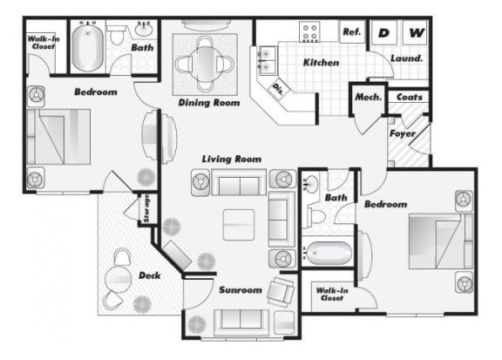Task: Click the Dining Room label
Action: click(x=209, y=103)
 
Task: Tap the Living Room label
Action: click(x=232, y=159)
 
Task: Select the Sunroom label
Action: click(x=241, y=290)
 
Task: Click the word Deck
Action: click(x=150, y=275)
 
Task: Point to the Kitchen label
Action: click(x=321, y=62)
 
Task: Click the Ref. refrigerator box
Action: click(x=352, y=31)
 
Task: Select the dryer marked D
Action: click(x=384, y=32)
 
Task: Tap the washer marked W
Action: click(x=415, y=32)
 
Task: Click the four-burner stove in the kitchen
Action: click(x=309, y=31)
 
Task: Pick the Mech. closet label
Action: click(x=368, y=97)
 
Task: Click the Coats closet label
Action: click(x=410, y=97)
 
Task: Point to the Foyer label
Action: click(x=403, y=133)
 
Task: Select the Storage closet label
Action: click(x=146, y=208)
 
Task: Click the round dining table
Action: click(x=205, y=64)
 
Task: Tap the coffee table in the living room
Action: click(x=239, y=225)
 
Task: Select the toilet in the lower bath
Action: click(x=316, y=216)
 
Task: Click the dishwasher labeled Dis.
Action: click(x=278, y=90)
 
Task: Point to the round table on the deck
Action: click(x=119, y=279)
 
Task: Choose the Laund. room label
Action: click(x=407, y=58)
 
